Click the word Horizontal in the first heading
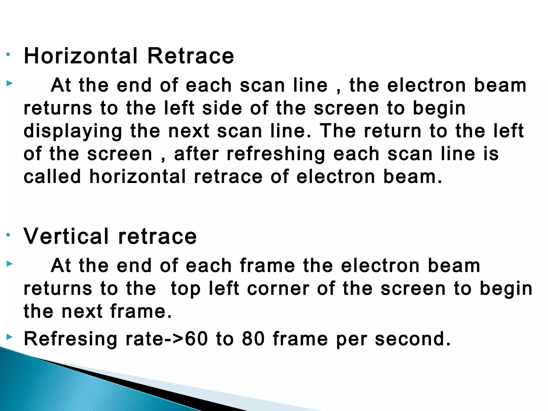point(80,56)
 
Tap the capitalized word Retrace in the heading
point(191,56)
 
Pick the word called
point(52,177)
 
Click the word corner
point(278,289)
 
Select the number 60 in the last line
point(196,339)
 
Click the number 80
point(253,339)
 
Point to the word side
point(222,108)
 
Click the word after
point(196,154)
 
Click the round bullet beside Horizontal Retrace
point(8,55)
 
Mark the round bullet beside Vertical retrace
point(8,235)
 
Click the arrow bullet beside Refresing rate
point(9,337)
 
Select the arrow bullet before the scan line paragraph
point(9,83)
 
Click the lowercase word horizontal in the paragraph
point(137,177)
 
